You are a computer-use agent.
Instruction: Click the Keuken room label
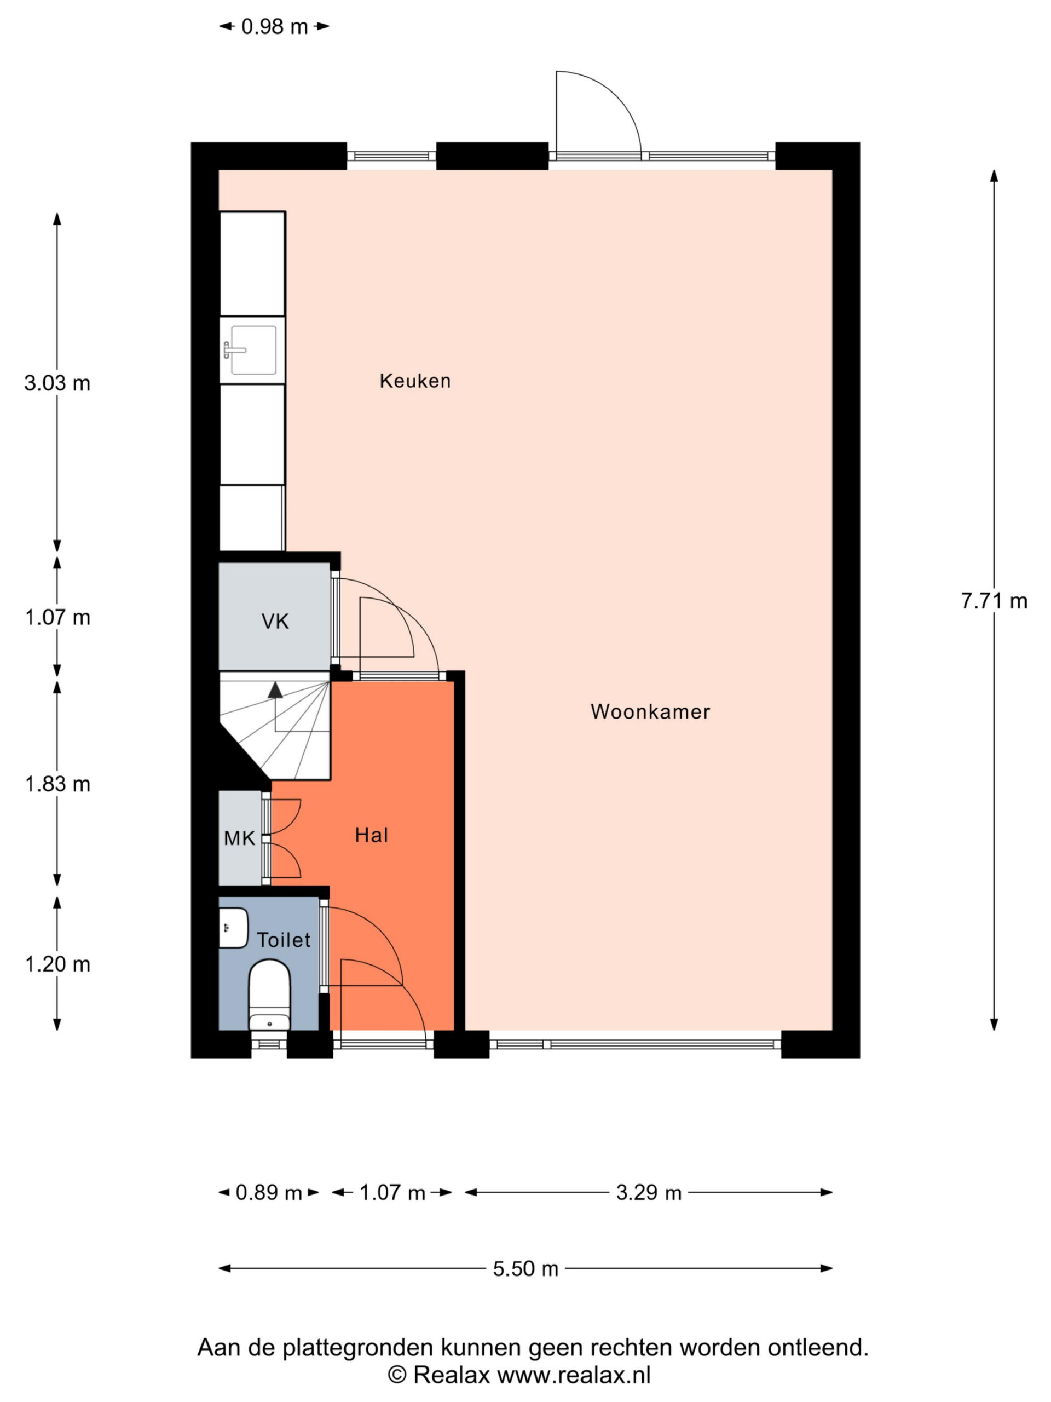click(415, 381)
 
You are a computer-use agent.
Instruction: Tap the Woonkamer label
click(650, 712)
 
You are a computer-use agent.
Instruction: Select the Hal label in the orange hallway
click(371, 835)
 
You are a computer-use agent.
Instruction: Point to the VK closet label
click(275, 622)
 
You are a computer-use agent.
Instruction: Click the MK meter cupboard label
click(239, 839)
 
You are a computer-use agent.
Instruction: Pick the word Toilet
click(284, 940)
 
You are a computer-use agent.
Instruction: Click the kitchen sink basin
click(253, 350)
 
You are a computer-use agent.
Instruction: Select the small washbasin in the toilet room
click(233, 928)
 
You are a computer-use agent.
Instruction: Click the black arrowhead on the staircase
click(275, 689)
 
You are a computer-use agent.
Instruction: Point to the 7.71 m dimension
click(994, 601)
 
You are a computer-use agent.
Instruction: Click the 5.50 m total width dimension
click(526, 1269)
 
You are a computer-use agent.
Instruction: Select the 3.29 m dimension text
click(649, 1193)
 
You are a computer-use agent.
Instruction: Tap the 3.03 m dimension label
click(57, 383)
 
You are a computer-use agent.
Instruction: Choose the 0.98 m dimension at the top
click(274, 27)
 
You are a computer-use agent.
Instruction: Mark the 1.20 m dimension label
click(57, 964)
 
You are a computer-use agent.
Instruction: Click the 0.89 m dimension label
click(269, 1193)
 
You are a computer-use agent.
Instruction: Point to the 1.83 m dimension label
click(57, 785)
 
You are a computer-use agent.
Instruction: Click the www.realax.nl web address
click(574, 1375)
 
